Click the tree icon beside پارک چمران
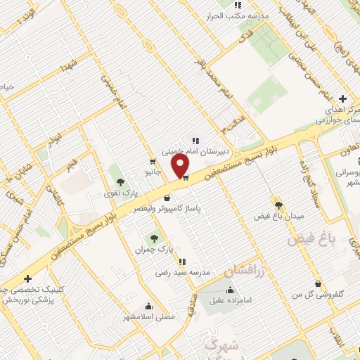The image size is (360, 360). tap(154, 239)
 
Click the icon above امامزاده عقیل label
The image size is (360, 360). tap(231, 289)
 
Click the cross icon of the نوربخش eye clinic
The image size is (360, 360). tap(27, 279)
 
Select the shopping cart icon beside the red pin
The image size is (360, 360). tap(185, 178)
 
